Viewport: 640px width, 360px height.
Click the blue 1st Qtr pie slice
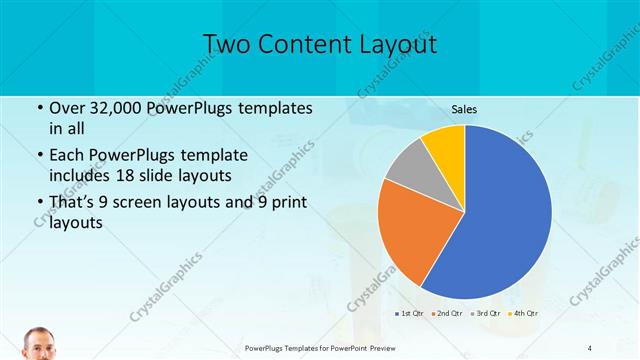coord(505,220)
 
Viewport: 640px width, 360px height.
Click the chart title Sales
coord(464,109)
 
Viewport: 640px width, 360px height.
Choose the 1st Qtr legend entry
coord(411,314)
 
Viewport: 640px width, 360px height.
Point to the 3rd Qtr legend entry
coord(487,314)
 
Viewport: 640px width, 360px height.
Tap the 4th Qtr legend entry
coord(525,314)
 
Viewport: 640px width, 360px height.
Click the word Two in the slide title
coord(229,45)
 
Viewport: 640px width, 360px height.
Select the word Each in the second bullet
coord(68,156)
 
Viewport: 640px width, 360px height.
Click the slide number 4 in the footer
coord(590,347)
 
